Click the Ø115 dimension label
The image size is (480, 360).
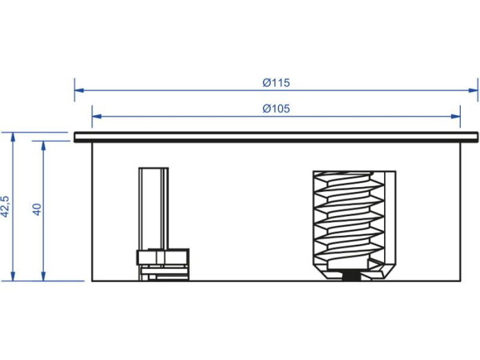point(276,83)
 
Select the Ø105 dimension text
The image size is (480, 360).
point(276,108)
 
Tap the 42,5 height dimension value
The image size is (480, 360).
point(5,206)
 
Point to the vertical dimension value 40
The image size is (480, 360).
point(37,209)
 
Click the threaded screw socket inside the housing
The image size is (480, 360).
point(348,219)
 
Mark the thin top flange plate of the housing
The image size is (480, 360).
point(274,137)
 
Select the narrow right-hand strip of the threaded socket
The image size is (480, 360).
point(391,219)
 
